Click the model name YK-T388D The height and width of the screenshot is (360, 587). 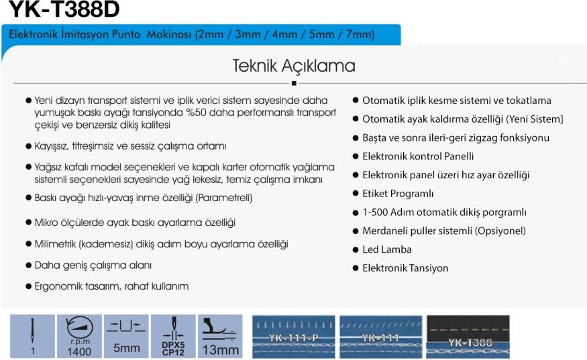click(64, 9)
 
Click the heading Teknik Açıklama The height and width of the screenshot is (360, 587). click(294, 66)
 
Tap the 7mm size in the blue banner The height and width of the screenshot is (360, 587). click(359, 34)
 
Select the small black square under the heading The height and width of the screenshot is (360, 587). click(294, 83)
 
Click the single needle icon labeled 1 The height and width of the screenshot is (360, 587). click(33, 336)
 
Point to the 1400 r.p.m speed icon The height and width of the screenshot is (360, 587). click(79, 336)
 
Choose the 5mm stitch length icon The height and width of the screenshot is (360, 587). click(126, 336)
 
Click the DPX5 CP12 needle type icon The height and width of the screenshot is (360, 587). click(173, 336)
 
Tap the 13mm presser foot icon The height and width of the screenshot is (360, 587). click(220, 336)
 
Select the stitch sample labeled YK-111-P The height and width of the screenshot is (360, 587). click(294, 337)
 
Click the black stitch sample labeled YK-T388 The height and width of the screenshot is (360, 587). click(468, 337)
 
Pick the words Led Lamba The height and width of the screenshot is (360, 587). click(386, 249)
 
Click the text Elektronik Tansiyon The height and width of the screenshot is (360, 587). click(405, 268)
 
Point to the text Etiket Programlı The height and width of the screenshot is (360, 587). click(398, 194)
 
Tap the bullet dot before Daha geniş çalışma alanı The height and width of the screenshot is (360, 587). click(28, 265)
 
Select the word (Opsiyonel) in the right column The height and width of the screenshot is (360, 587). click(500, 231)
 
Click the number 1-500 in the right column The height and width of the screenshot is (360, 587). click(375, 213)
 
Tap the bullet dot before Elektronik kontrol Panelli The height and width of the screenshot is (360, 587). click(356, 156)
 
